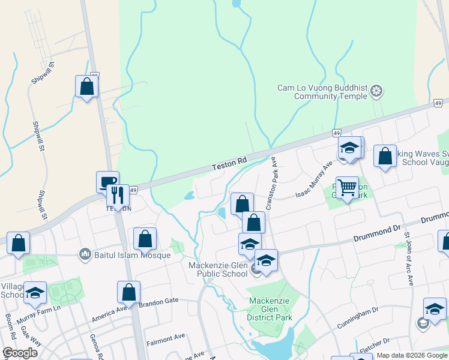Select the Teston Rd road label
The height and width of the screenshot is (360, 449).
pos(230,161)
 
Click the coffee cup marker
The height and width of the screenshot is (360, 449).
pos(108,182)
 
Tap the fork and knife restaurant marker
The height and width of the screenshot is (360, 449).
pos(118,194)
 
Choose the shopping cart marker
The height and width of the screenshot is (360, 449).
pos(347,188)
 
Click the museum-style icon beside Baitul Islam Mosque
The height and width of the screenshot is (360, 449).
pos(85,254)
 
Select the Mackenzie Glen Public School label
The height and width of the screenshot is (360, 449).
pos(218,269)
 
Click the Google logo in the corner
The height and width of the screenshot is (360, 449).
pos(20,353)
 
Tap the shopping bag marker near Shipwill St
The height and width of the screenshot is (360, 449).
pos(86,86)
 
